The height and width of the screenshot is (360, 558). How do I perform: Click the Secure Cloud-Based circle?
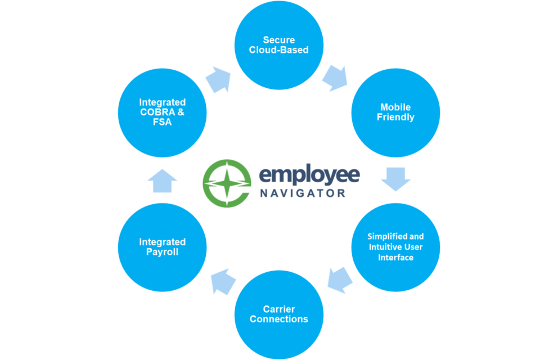278,45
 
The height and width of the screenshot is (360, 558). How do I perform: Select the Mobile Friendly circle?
395,112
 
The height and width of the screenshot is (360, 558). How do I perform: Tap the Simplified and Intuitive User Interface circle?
395,247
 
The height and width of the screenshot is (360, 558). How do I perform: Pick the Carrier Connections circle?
278,314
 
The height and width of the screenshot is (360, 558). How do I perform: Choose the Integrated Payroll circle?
162,247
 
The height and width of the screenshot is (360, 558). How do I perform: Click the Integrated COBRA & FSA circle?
162,112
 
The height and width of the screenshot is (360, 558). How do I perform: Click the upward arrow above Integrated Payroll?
162,181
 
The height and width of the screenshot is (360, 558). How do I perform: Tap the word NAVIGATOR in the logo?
302,193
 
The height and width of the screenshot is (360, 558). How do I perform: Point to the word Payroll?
162,252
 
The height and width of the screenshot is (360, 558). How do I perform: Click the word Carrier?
278,309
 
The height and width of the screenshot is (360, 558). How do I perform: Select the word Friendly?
395,118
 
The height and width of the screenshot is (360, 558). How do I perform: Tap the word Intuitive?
388,247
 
